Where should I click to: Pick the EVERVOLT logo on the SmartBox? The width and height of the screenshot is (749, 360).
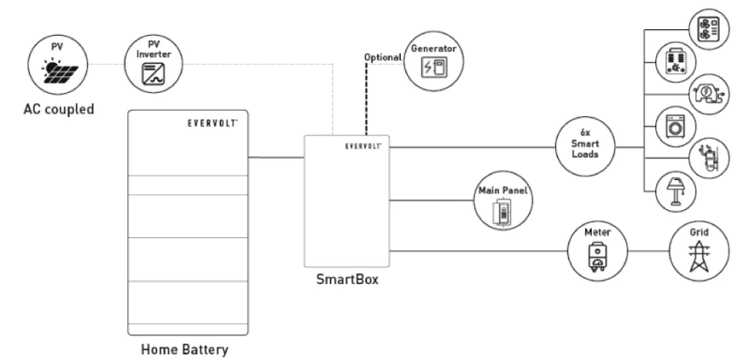(363, 146)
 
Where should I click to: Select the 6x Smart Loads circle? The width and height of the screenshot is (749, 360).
(585, 146)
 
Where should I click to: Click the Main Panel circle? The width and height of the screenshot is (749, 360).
(503, 201)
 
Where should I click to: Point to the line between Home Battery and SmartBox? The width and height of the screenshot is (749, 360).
(276, 157)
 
